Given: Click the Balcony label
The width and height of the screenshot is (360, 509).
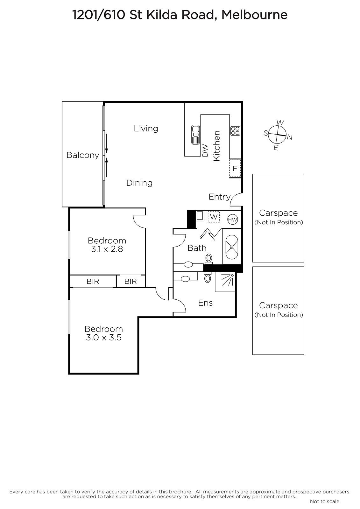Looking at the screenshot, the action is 83,155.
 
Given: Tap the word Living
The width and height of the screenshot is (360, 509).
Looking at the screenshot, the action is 146,129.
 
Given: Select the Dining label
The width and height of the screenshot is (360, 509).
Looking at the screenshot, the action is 139,183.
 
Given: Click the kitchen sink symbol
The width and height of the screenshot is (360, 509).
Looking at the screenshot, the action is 195,135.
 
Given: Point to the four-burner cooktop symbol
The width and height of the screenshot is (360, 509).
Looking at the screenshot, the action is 235,131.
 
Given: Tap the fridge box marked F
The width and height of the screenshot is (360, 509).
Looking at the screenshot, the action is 235,168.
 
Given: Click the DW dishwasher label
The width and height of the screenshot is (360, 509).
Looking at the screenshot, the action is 205,150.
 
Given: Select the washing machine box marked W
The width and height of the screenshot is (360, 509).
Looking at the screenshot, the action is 214,217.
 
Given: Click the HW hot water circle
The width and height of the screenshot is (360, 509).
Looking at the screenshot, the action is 233,220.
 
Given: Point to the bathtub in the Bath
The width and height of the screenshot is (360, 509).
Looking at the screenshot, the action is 232,247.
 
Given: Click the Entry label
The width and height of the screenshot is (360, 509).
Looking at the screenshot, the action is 219,197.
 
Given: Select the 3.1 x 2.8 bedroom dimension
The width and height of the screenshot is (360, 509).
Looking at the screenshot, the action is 107,249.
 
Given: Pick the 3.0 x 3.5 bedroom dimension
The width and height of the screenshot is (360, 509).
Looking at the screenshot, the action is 104,338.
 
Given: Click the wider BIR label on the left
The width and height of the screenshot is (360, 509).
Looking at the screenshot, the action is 93,282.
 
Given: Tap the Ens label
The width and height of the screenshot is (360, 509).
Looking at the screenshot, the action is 205,303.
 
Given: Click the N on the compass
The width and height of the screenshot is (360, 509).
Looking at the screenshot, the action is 290,137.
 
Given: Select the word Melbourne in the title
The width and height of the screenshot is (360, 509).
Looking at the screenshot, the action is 254,15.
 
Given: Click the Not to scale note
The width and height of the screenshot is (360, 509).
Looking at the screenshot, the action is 325,501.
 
